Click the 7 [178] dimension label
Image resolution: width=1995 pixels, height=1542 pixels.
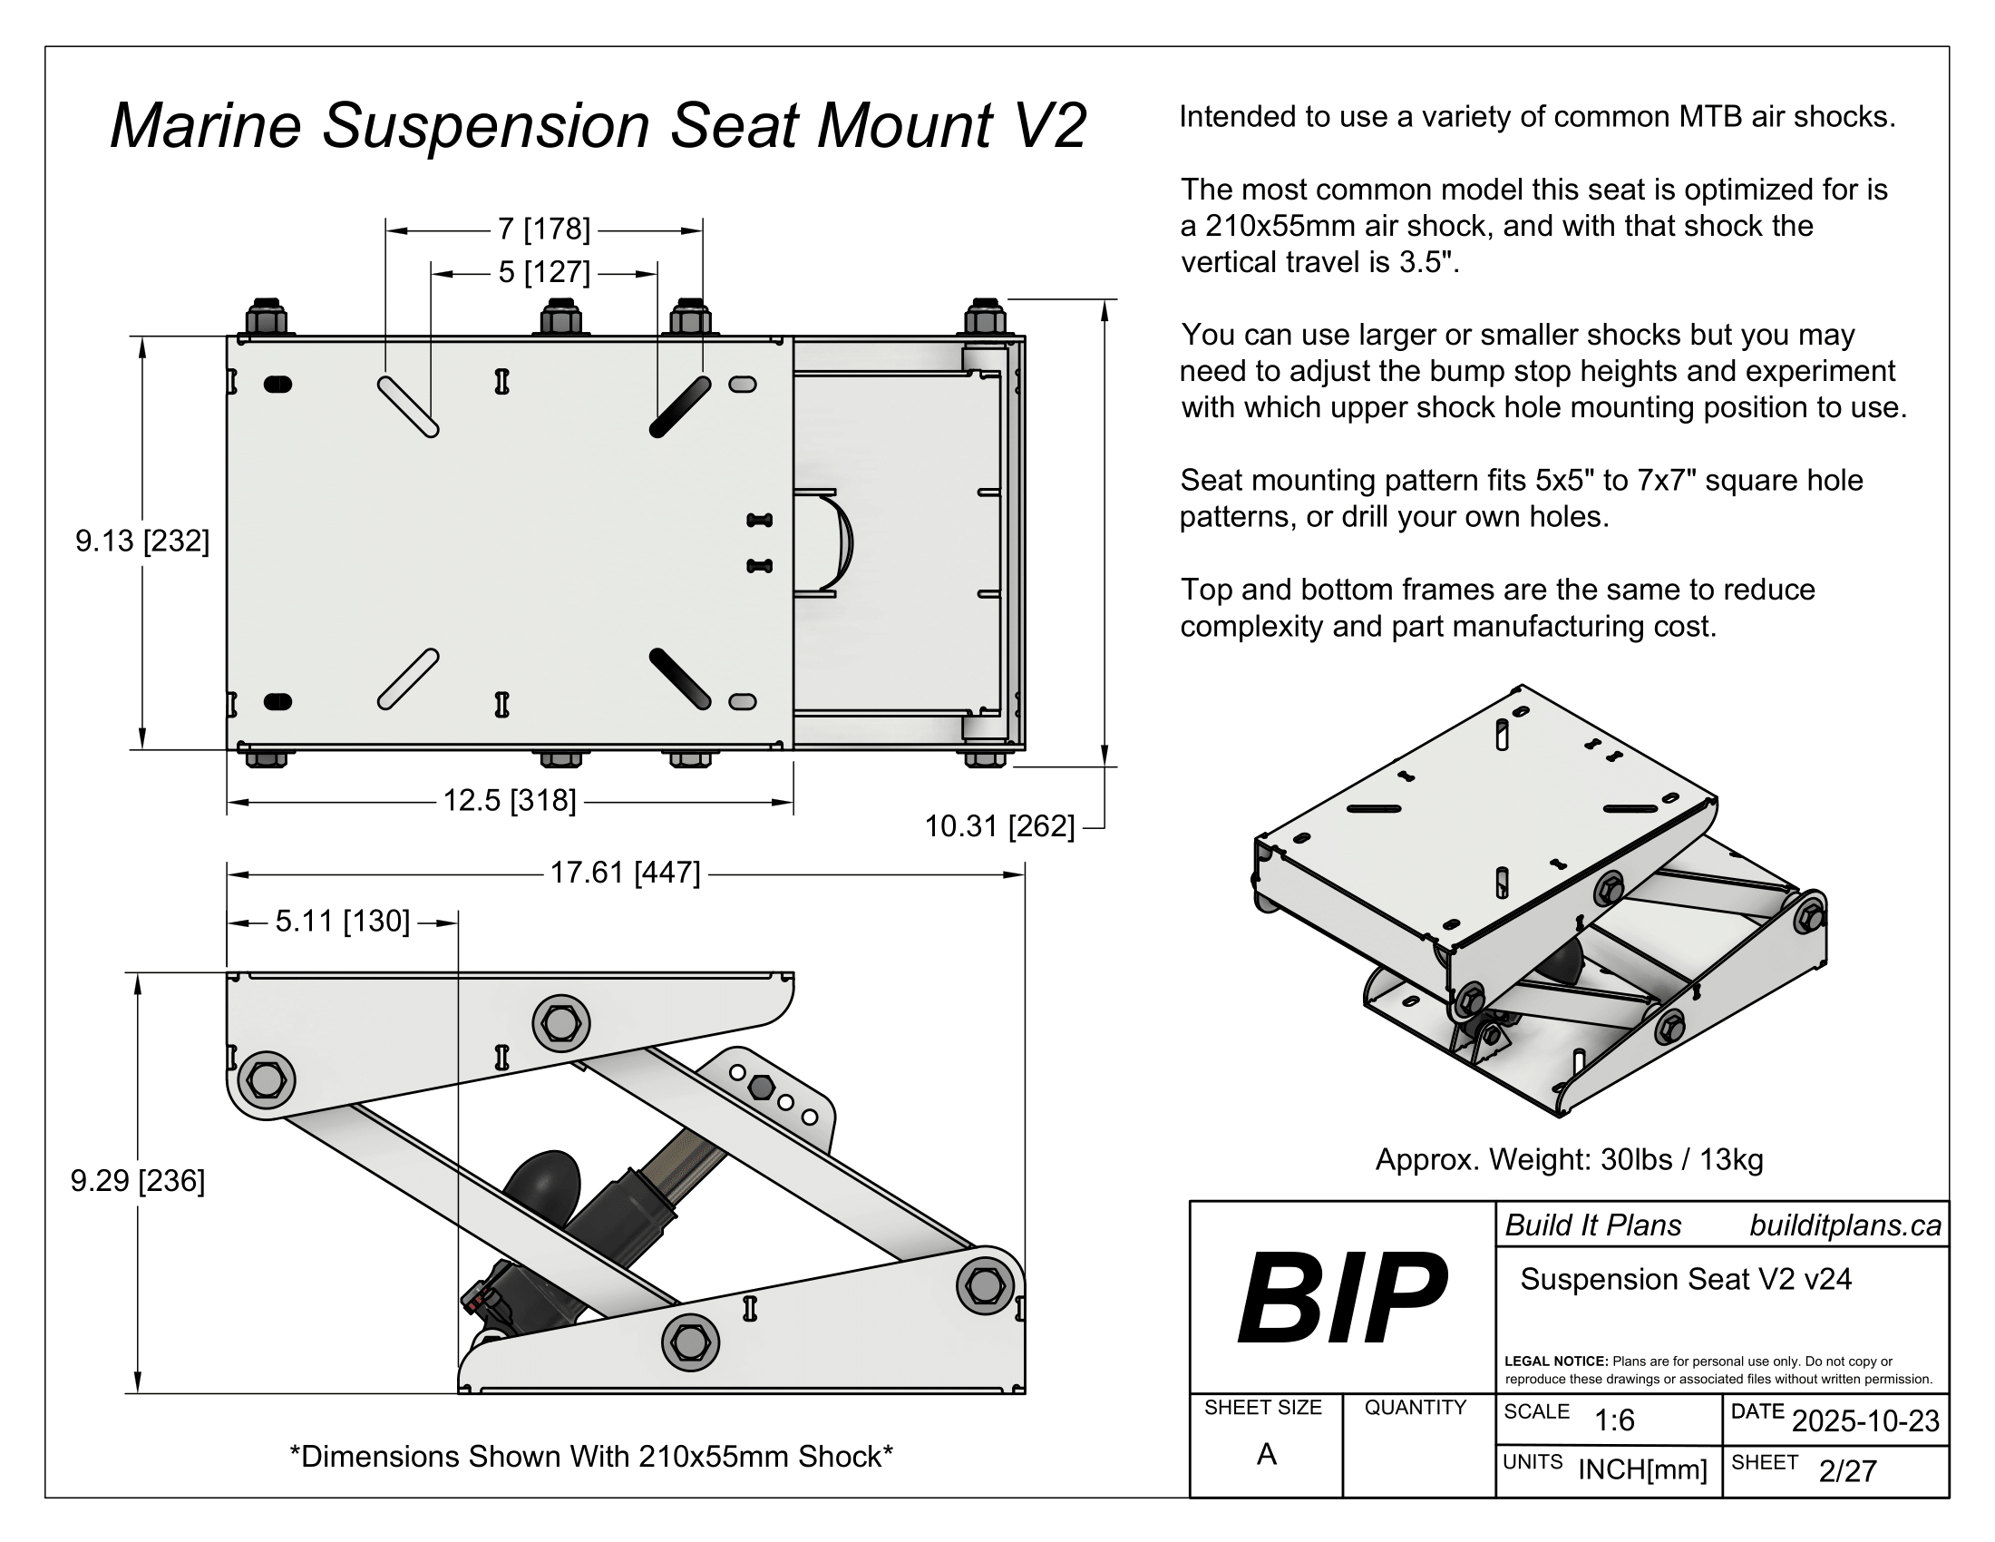coord(544,229)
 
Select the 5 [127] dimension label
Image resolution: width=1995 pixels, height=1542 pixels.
coord(544,272)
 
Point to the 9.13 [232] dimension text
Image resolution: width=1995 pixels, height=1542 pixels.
coord(141,541)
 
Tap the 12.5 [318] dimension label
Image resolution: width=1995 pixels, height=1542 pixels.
coord(510,800)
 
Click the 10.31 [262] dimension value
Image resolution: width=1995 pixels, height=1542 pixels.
coord(999,825)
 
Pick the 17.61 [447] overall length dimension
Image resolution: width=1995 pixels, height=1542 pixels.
coord(625,873)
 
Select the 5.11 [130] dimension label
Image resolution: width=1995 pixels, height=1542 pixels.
coord(343,921)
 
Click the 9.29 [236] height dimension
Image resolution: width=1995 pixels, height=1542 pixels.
coord(137,1180)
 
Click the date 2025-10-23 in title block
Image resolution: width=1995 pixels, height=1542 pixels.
coord(1865,1420)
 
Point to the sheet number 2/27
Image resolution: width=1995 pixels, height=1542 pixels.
coord(1847,1470)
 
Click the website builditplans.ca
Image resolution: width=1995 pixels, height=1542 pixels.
coord(1845,1225)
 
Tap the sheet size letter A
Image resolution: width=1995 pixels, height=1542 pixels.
coord(1266,1453)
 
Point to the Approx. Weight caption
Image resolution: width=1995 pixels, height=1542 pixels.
coord(1569,1159)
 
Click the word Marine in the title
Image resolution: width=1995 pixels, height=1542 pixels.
coord(206,125)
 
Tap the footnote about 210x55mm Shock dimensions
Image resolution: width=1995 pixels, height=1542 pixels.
coord(591,1456)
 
